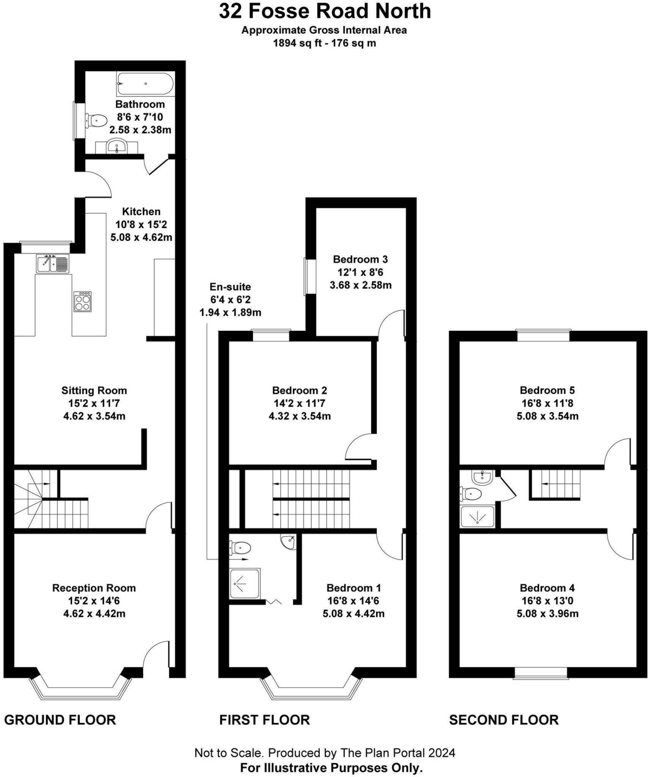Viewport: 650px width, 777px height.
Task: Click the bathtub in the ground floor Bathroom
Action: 145,83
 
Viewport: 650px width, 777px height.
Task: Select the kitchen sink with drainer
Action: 53,263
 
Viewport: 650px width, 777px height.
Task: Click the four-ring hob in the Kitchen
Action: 82,301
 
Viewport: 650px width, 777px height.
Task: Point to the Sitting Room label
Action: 94,390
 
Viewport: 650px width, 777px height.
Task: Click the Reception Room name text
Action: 94,588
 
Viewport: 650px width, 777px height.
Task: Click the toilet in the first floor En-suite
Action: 241,547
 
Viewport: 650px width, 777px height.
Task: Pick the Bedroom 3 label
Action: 360,259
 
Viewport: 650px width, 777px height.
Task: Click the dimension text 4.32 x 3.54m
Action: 300,416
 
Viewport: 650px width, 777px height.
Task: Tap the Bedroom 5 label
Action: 547,390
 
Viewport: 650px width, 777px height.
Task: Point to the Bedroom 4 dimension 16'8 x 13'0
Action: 547,601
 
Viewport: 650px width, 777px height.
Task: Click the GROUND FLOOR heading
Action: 60,720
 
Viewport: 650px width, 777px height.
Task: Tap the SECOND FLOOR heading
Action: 504,720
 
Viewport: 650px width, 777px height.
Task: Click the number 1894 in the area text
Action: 284,43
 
